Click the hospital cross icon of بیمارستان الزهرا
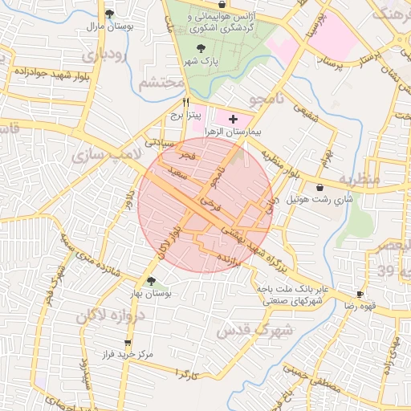click(234, 118)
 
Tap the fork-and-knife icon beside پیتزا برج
click(185, 102)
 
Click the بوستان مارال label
click(110, 26)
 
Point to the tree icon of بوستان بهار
click(151, 281)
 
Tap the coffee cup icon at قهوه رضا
click(360, 294)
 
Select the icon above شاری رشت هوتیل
click(319, 187)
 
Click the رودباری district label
click(104, 56)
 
